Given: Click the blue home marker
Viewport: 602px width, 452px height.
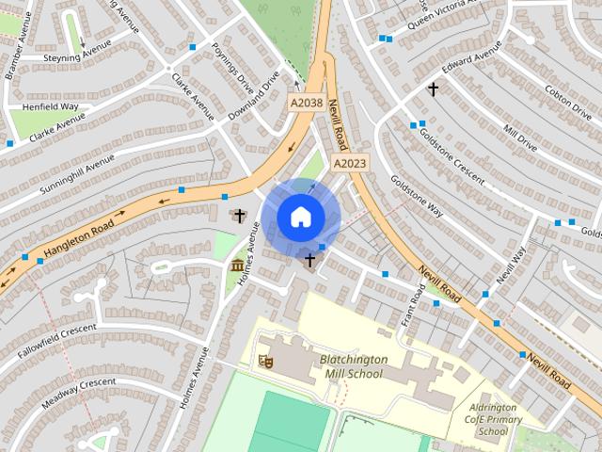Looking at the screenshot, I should pos(300,218).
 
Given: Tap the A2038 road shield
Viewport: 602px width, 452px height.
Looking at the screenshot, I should pos(306,104).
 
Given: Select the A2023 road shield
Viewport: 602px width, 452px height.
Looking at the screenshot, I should pos(349,163).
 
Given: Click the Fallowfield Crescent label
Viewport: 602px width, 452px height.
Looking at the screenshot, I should pos(56,341).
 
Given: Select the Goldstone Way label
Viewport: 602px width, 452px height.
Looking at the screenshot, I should pos(416,193).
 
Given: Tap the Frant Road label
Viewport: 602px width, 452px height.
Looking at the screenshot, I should pos(413,307).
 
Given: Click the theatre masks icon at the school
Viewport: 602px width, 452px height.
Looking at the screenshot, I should pos(266,360).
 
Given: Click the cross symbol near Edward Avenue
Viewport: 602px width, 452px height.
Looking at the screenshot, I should pos(433,89).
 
